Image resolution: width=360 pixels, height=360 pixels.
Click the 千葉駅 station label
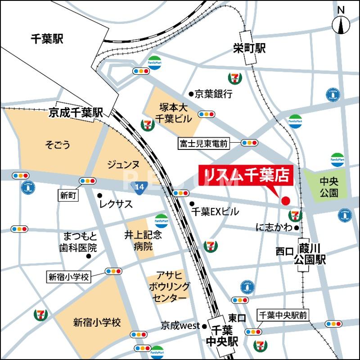[47, 39]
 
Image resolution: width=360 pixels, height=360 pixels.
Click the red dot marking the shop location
[285, 200]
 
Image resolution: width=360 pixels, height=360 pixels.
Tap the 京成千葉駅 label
[76, 113]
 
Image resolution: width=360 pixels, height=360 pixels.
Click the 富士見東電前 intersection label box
[204, 144]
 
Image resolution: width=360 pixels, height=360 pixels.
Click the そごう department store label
[57, 144]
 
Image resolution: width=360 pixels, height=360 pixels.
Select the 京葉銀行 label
[214, 94]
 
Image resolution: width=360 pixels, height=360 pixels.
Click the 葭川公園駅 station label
[309, 253]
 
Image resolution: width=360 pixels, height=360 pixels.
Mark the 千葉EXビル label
[215, 211]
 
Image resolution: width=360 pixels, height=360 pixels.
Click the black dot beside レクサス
[99, 195]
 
